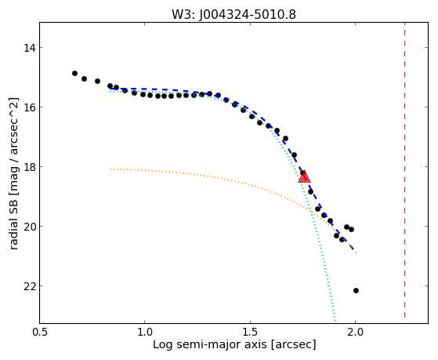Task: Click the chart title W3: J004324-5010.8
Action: (233, 15)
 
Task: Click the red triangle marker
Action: (304, 176)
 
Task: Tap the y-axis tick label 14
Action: (30, 48)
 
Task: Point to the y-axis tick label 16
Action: (30, 107)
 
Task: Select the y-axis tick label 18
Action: (30, 167)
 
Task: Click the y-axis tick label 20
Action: (30, 227)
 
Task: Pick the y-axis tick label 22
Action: (30, 286)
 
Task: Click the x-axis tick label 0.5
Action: (40, 333)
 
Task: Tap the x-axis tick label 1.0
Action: (145, 333)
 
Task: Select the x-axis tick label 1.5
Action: (250, 333)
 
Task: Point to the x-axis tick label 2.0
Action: (355, 333)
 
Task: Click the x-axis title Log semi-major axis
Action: (210, 345)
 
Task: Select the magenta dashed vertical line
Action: (404, 170)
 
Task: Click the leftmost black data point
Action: (74, 73)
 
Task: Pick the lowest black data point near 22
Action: (356, 291)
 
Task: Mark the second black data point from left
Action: (84, 79)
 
